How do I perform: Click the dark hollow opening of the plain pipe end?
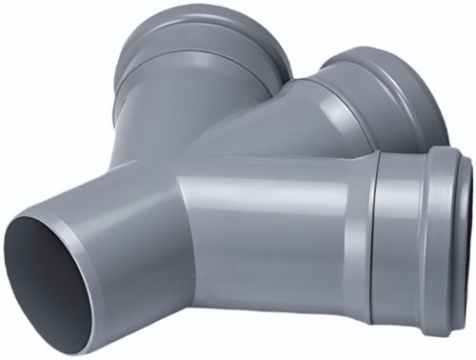tap(52, 276)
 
